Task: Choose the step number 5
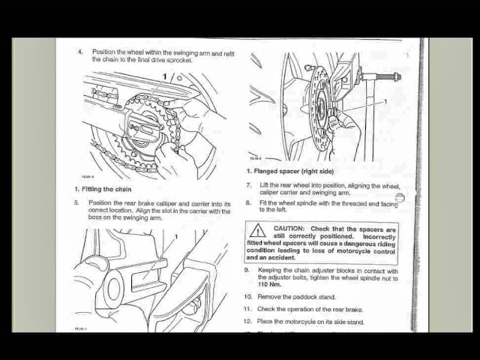[76, 203]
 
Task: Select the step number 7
[248, 185]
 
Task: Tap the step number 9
[247, 270]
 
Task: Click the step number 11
[248, 309]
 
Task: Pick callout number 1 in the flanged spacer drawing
[385, 101]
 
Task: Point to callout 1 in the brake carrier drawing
[175, 237]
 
